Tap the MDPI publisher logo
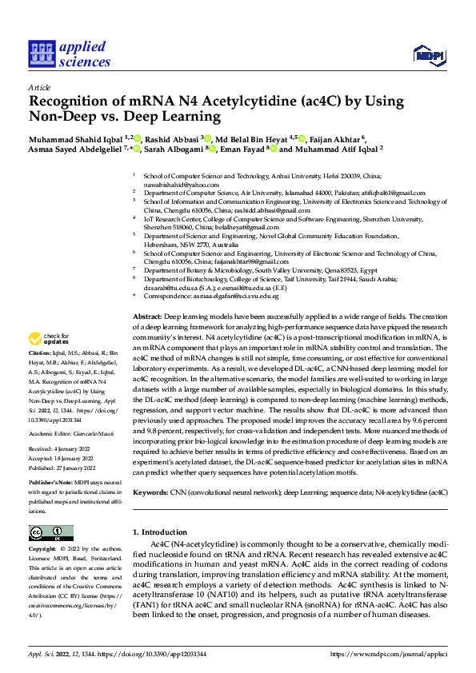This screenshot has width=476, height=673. (x=426, y=54)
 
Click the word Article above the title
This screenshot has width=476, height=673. (x=39, y=89)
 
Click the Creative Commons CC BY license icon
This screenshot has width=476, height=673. (x=50, y=532)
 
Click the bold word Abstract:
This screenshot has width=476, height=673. (x=147, y=317)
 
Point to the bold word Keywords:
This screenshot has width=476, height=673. (x=150, y=492)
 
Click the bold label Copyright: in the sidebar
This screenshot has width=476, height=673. (x=43, y=550)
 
